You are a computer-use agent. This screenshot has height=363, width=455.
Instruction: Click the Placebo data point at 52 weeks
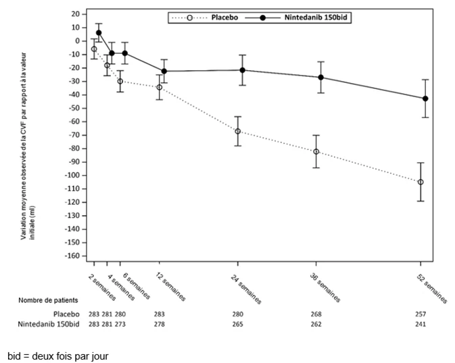pyautogui.click(x=421, y=182)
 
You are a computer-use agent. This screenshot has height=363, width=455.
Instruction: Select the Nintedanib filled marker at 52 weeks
pyautogui.click(x=425, y=99)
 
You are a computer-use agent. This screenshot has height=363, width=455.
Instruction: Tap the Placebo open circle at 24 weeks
pyautogui.click(x=238, y=132)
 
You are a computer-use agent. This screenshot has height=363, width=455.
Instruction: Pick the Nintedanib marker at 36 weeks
pyautogui.click(x=321, y=78)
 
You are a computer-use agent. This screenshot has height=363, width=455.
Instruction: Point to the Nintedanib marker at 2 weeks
pyautogui.click(x=99, y=32)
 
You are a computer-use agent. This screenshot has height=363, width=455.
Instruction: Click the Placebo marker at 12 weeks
pyautogui.click(x=160, y=87)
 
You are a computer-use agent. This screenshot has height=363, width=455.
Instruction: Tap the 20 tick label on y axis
pyautogui.click(x=76, y=14)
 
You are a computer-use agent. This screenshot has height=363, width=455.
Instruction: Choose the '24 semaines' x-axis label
pyautogui.click(x=246, y=289)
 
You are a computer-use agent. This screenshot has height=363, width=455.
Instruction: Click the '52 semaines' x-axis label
pyautogui.click(x=432, y=289)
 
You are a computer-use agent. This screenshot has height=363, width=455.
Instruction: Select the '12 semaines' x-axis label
pyautogui.click(x=170, y=287)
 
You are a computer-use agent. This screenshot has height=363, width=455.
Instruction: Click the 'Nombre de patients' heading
pyautogui.click(x=48, y=300)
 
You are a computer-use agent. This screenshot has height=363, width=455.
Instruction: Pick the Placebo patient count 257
pyautogui.click(x=421, y=314)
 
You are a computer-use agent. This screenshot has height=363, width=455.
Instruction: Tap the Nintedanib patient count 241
pyautogui.click(x=421, y=324)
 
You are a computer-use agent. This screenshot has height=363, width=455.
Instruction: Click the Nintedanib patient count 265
pyautogui.click(x=238, y=324)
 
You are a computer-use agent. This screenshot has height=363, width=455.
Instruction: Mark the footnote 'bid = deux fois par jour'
pyautogui.click(x=58, y=356)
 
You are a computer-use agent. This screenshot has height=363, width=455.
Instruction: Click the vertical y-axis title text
pyautogui.click(x=28, y=146)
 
